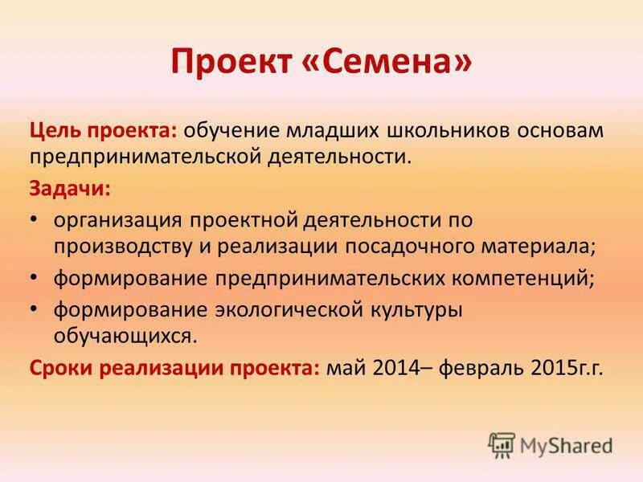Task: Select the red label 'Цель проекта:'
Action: pos(105,130)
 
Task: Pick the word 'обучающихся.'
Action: pos(125,335)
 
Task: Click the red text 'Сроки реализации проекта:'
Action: pos(175,368)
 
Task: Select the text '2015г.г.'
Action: pos(567,368)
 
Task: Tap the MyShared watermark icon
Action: pos(502,444)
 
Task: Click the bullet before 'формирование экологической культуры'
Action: pos(34,309)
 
